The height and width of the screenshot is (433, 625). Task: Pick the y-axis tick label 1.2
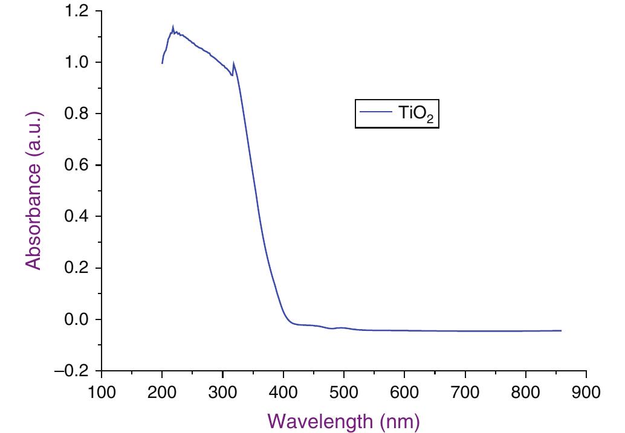click(x=77, y=11)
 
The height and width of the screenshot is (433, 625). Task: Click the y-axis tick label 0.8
click(x=77, y=114)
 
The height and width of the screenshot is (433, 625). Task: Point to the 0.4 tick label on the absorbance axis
click(x=77, y=216)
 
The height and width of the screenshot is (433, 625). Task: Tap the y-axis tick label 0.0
click(x=77, y=319)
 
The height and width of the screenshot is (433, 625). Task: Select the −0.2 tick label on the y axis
click(x=73, y=370)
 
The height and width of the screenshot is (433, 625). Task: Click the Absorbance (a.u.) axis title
click(x=34, y=190)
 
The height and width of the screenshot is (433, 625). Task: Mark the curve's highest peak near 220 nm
click(x=173, y=27)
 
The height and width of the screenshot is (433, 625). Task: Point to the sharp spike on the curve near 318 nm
click(x=233, y=63)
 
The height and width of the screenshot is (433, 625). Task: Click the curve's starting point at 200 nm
click(x=162, y=63)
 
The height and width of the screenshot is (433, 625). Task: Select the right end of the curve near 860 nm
click(x=561, y=330)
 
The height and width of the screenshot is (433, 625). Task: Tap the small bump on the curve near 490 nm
click(x=341, y=327)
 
